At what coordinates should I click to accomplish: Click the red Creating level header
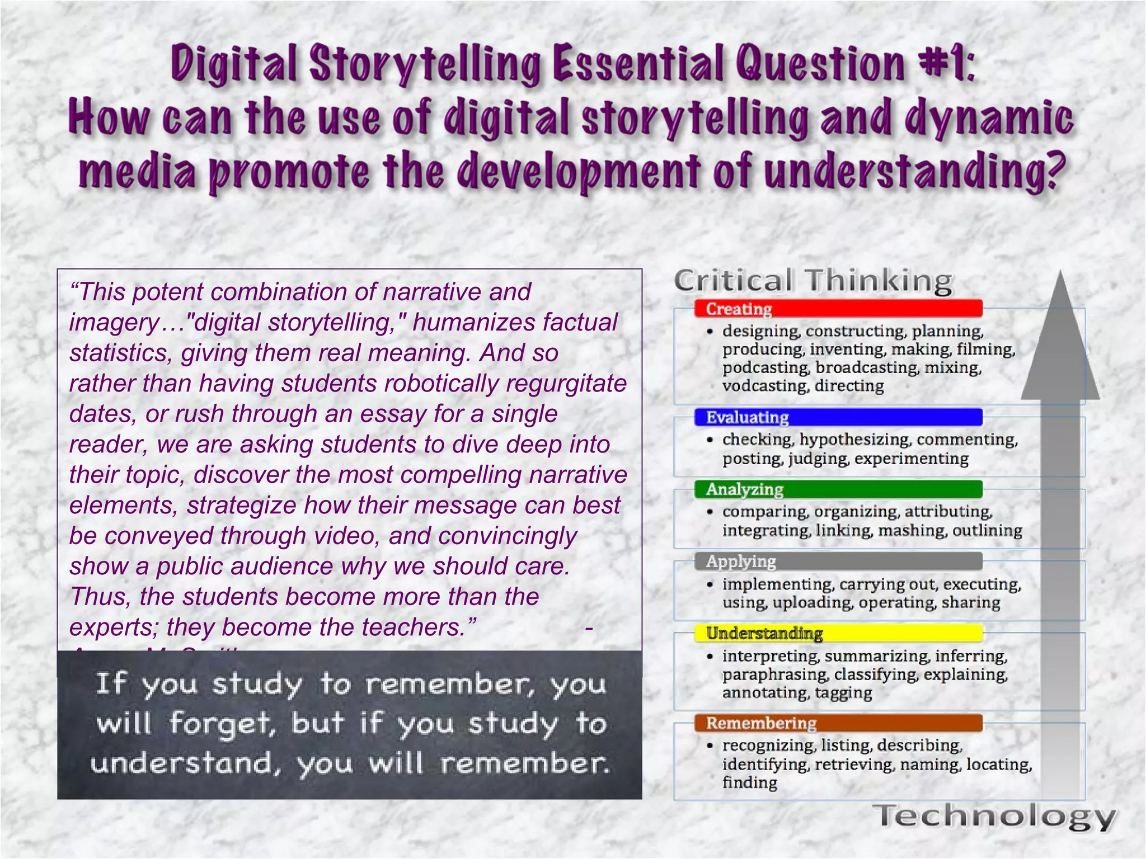coord(838,309)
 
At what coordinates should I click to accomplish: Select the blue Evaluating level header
coord(838,417)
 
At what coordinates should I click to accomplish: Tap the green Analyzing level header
coord(838,489)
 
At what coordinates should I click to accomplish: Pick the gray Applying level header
coord(838,561)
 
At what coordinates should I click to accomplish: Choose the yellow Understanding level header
coord(838,634)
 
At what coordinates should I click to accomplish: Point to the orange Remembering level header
coord(838,723)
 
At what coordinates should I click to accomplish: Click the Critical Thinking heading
coord(812,280)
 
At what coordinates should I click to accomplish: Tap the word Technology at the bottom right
coord(995,816)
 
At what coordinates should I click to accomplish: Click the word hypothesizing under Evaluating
coord(854,440)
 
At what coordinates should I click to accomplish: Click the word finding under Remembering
coord(749,782)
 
